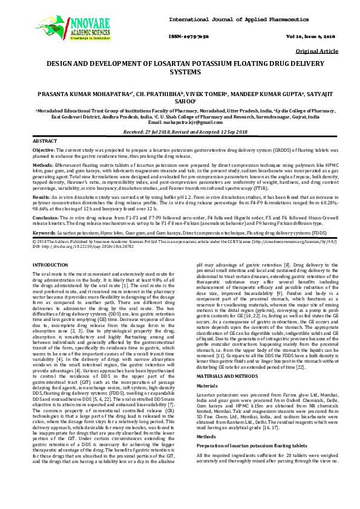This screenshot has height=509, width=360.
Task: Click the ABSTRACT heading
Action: [45, 140]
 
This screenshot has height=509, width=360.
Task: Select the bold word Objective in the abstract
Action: [44, 149]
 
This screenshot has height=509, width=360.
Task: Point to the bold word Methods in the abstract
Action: [42, 163]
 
